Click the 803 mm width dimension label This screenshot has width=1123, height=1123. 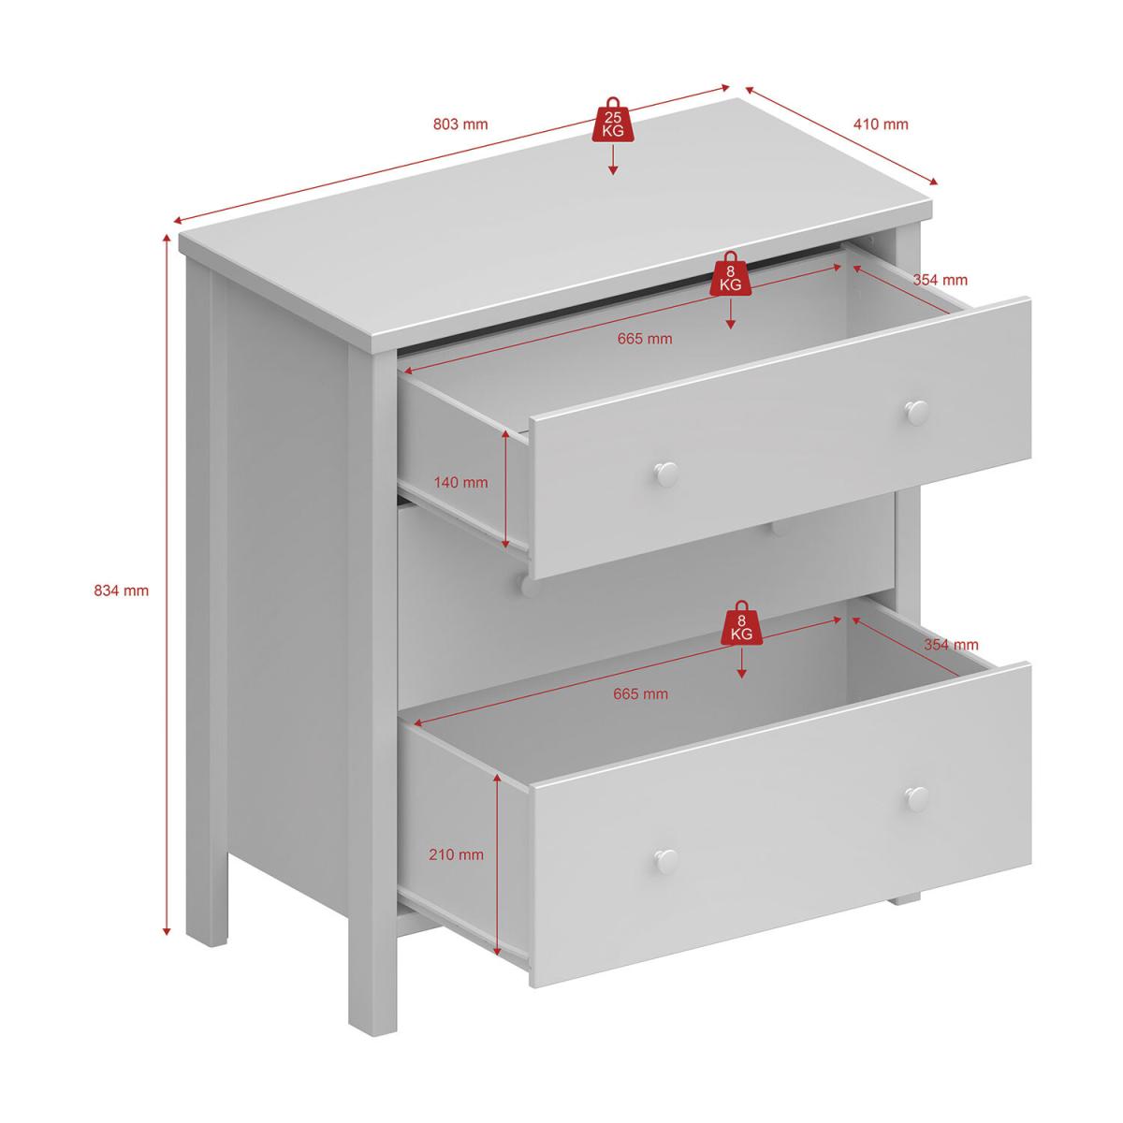[x=460, y=124]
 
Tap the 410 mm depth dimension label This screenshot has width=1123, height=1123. [x=881, y=124]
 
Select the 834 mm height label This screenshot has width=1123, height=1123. [x=122, y=591]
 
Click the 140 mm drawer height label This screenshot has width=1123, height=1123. [x=460, y=483]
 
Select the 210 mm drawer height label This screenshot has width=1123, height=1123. [x=457, y=855]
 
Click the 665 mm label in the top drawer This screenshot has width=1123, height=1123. [x=645, y=339]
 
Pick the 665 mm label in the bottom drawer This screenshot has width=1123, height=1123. [x=640, y=694]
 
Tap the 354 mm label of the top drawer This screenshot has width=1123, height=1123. [x=940, y=280]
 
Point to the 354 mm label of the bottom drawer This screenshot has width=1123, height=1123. [x=951, y=645]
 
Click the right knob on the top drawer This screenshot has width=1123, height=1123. [x=917, y=413]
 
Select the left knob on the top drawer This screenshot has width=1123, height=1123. [x=665, y=474]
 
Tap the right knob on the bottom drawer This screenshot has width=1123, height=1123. [x=917, y=798]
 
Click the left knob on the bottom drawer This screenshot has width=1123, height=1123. [x=665, y=859]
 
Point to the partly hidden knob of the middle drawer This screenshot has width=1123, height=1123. [x=529, y=586]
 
